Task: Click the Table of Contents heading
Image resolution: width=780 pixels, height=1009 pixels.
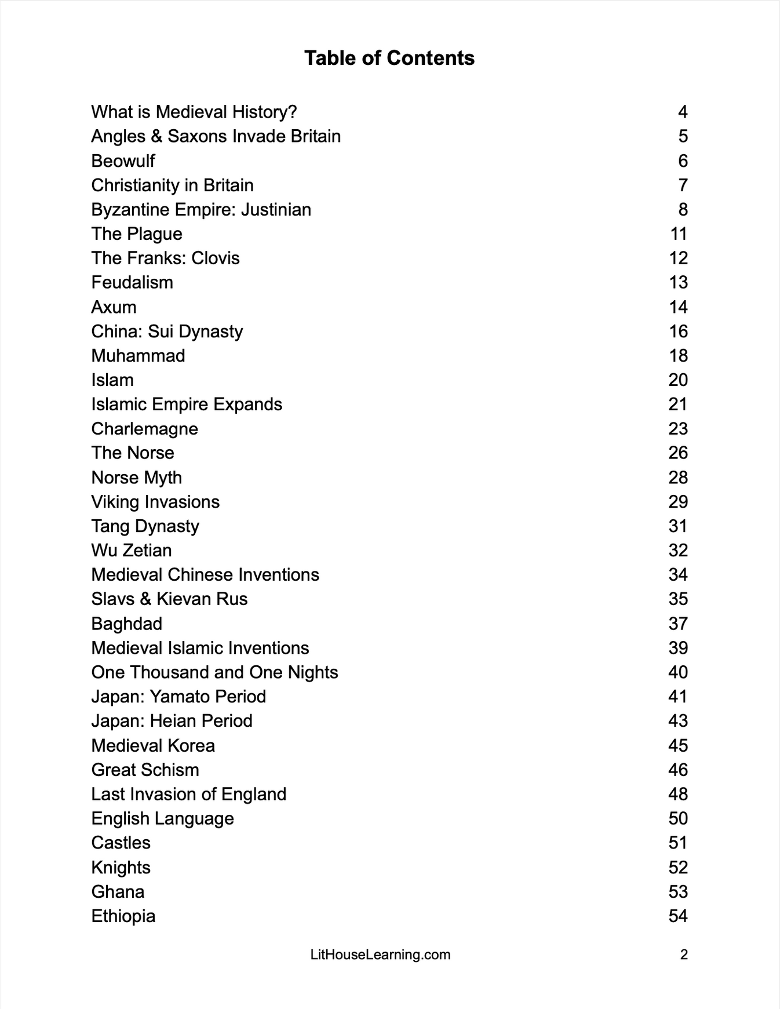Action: [x=389, y=58]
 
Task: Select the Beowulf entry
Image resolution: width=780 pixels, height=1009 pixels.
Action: [x=123, y=161]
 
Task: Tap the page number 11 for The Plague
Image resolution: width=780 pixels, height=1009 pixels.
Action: [x=678, y=234]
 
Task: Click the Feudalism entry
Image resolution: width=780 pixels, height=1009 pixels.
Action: [x=132, y=283]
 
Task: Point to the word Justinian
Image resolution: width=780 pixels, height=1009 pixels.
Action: [x=276, y=210]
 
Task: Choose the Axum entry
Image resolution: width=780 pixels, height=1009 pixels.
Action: [x=114, y=307]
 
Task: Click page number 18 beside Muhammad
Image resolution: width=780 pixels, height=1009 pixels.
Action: [x=678, y=356]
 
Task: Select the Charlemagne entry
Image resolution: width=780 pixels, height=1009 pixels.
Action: [x=144, y=429]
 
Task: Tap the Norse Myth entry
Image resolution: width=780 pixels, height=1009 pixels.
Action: [x=136, y=478]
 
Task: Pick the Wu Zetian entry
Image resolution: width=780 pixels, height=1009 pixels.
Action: [x=132, y=551]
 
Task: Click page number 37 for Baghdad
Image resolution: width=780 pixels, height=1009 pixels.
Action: [x=678, y=624]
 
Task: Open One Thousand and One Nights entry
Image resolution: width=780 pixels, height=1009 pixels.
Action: [x=214, y=672]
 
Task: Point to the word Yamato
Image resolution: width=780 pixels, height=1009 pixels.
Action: [x=180, y=697]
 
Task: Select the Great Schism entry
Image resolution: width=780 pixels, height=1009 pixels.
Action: [x=145, y=770]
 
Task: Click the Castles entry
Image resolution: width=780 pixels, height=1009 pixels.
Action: [x=121, y=843]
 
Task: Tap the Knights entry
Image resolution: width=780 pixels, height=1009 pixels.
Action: [x=121, y=868]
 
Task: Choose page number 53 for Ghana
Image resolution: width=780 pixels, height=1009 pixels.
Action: [x=678, y=892]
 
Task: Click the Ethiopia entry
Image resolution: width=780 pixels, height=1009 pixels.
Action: [x=123, y=916]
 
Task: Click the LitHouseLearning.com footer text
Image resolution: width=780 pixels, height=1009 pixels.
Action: [x=380, y=955]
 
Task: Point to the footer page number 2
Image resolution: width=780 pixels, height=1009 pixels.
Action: [x=684, y=955]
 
